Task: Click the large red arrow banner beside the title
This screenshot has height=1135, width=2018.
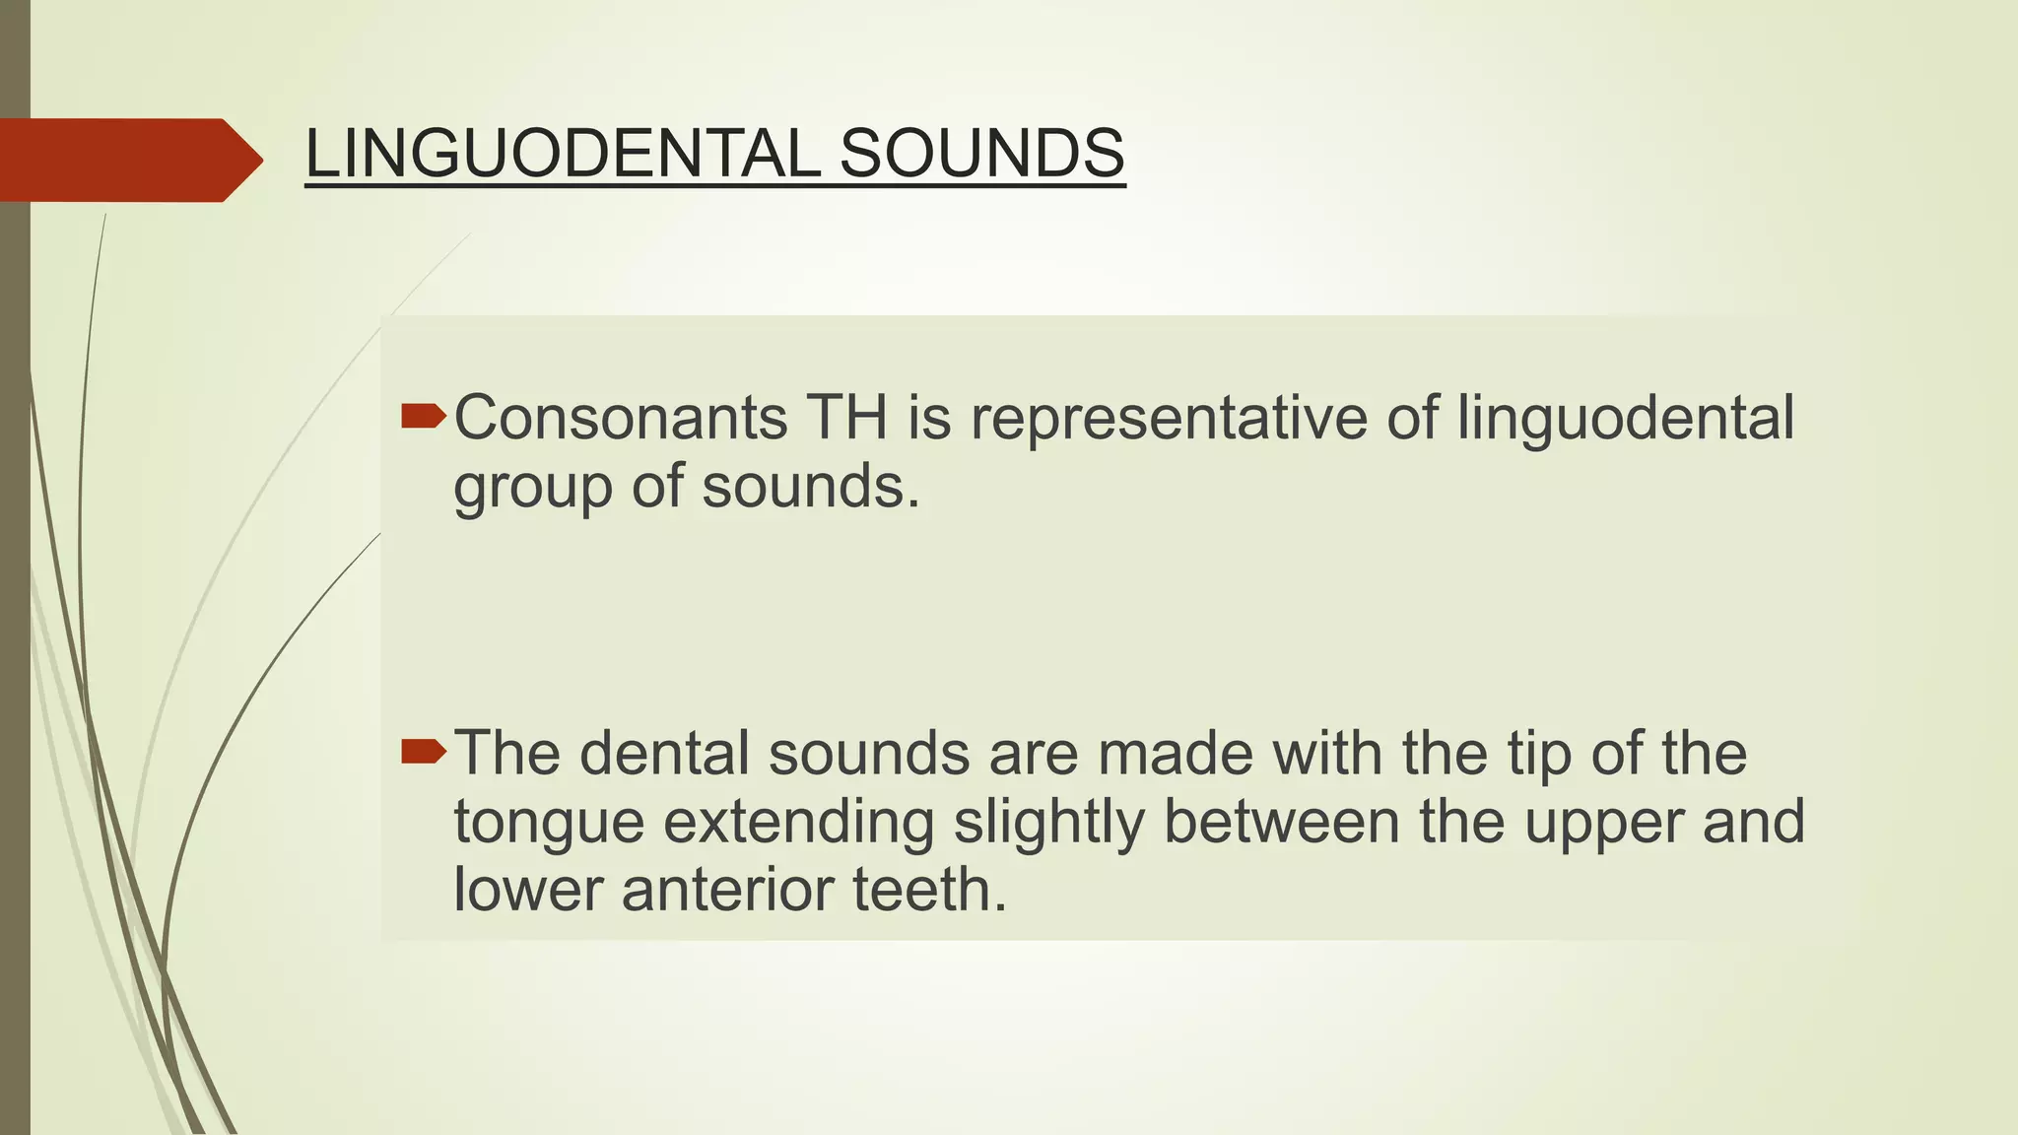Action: tap(123, 160)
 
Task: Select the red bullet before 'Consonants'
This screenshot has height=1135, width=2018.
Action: tap(424, 417)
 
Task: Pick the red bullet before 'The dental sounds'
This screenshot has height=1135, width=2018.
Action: tap(424, 753)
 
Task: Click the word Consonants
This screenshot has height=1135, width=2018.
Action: tap(621, 418)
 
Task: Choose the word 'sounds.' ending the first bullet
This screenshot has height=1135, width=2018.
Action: tap(811, 486)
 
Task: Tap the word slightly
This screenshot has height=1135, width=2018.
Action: tap(1048, 823)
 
